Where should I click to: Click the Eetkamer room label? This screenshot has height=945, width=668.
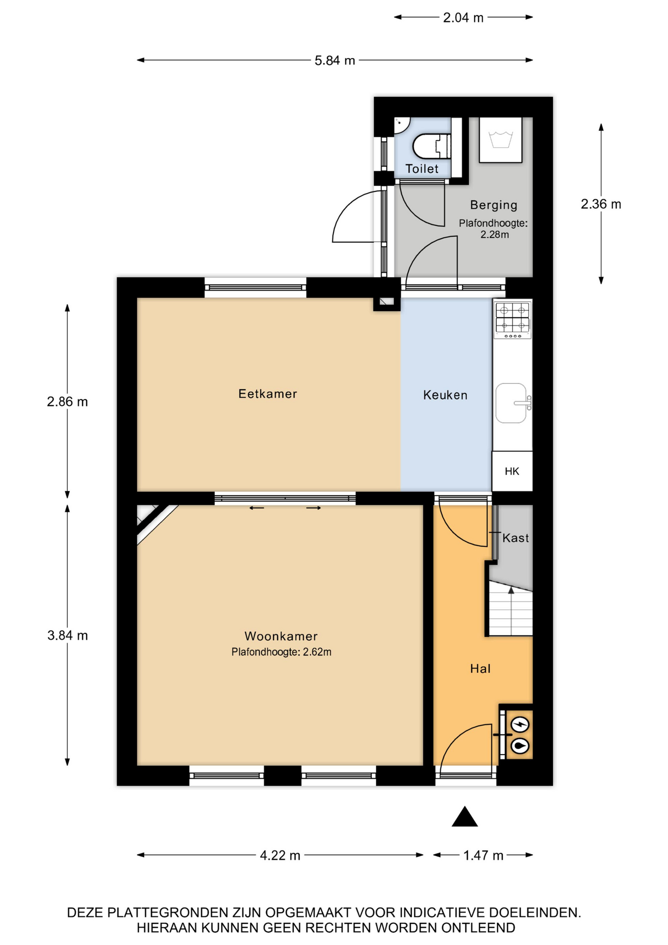(x=268, y=394)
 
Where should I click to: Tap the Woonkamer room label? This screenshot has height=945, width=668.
(x=281, y=636)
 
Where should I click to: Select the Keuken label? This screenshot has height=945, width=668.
(x=445, y=395)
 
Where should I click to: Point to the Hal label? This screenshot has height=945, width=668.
(x=480, y=668)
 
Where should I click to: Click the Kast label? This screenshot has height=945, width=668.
(x=516, y=538)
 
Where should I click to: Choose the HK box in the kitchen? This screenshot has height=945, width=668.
(x=512, y=471)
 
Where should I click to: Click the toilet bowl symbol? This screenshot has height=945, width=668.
(x=431, y=146)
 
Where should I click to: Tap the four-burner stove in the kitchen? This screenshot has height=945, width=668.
(x=513, y=320)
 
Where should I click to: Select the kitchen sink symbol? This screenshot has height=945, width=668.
(x=513, y=403)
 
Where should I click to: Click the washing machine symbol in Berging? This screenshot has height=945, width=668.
(x=501, y=140)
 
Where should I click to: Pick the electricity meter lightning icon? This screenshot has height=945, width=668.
(x=520, y=724)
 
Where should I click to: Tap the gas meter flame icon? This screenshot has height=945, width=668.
(x=520, y=746)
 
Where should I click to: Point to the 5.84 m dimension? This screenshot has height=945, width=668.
(x=334, y=61)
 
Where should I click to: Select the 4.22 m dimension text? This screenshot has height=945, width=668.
(x=280, y=855)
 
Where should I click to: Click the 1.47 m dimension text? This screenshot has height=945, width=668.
(x=483, y=855)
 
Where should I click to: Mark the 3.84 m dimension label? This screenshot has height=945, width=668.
(x=67, y=635)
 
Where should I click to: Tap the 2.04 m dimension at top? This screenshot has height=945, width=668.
(x=463, y=18)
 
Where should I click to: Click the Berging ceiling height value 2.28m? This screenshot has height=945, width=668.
(x=494, y=235)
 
